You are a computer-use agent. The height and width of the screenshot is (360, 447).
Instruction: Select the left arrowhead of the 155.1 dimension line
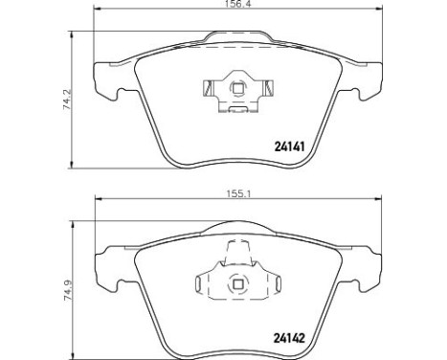(x=96, y=200)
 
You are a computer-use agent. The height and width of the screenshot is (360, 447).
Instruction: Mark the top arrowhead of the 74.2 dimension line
(x=77, y=33)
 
